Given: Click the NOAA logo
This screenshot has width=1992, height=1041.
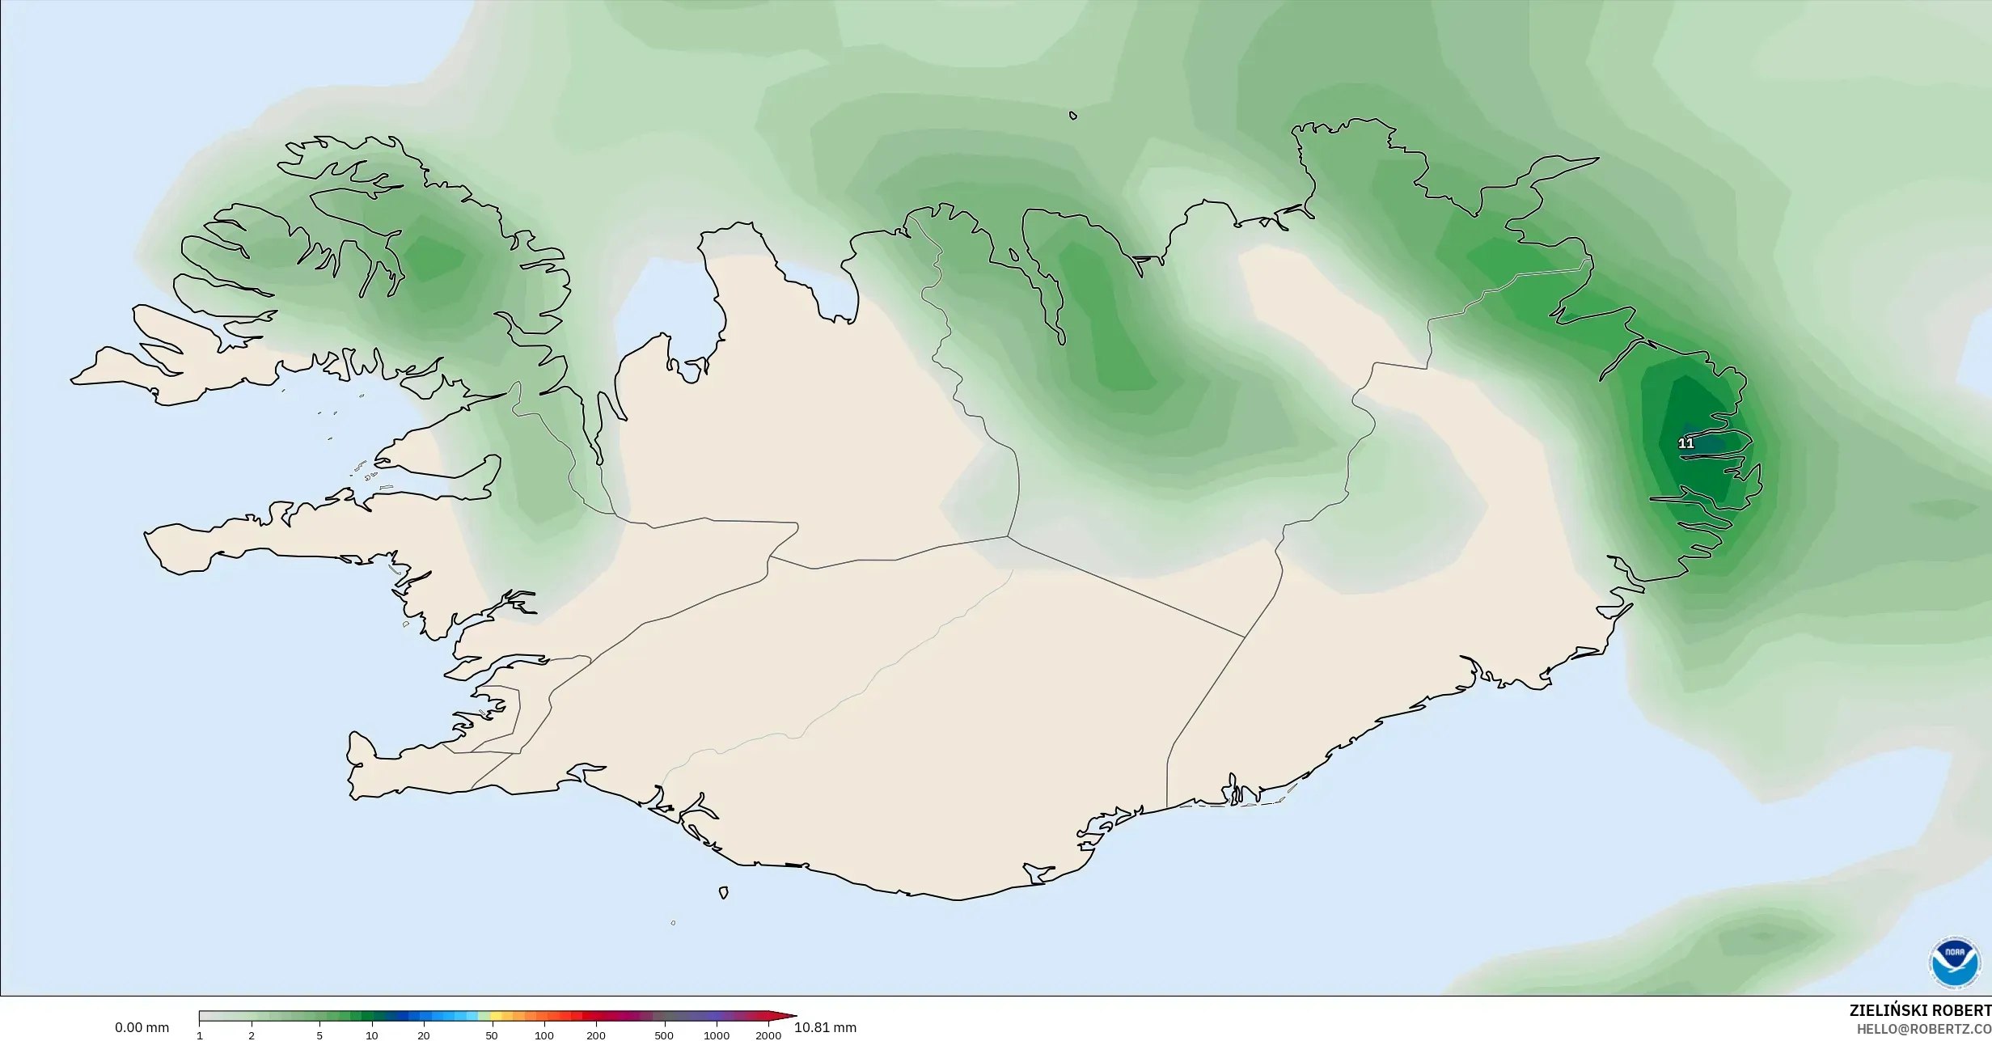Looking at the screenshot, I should pyautogui.click(x=1955, y=963).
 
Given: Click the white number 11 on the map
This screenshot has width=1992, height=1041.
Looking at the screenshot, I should pyautogui.click(x=1685, y=443).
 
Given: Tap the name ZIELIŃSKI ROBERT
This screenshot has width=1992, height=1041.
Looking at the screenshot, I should pyautogui.click(x=1920, y=1011).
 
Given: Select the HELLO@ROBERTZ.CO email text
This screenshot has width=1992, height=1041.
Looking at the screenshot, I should pyautogui.click(x=1923, y=1029).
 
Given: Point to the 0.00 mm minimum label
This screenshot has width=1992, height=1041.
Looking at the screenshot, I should pyautogui.click(x=142, y=1028).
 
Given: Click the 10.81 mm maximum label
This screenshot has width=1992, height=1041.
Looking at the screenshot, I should pyautogui.click(x=825, y=1028).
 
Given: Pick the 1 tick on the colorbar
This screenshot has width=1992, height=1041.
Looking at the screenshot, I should pyautogui.click(x=200, y=1035).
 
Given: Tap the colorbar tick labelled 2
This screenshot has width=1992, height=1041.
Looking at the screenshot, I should pyautogui.click(x=252, y=1035).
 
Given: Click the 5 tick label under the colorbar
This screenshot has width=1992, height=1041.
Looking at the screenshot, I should pyautogui.click(x=319, y=1035).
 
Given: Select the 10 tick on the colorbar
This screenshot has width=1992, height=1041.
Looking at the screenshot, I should pyautogui.click(x=371, y=1035).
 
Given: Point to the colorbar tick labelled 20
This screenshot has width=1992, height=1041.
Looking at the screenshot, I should pyautogui.click(x=423, y=1035).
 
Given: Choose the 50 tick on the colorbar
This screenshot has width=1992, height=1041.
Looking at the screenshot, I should pyautogui.click(x=492, y=1035).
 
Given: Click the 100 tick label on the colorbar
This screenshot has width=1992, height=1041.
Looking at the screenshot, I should pyautogui.click(x=543, y=1035).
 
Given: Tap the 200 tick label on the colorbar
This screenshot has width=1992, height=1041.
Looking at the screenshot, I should pyautogui.click(x=596, y=1035).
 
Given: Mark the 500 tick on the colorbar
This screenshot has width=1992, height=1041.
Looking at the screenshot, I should pyautogui.click(x=664, y=1035).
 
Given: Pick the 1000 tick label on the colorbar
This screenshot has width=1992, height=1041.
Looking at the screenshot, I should pyautogui.click(x=716, y=1035).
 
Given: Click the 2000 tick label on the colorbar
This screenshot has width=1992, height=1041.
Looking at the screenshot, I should pyautogui.click(x=768, y=1035).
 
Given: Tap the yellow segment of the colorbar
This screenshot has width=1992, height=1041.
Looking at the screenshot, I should pyautogui.click(x=497, y=1016).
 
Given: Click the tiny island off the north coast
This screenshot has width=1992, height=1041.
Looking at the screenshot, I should pyautogui.click(x=1073, y=116).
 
